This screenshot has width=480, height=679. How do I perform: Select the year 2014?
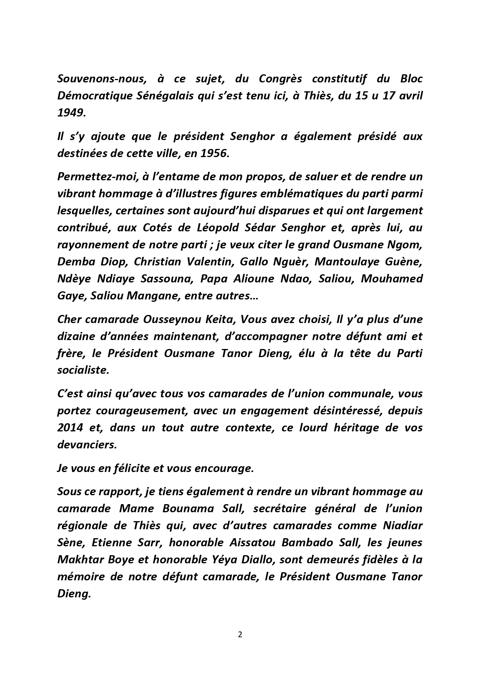pyautogui.click(x=70, y=428)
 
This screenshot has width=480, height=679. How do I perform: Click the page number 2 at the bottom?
pyautogui.click(x=240, y=635)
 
